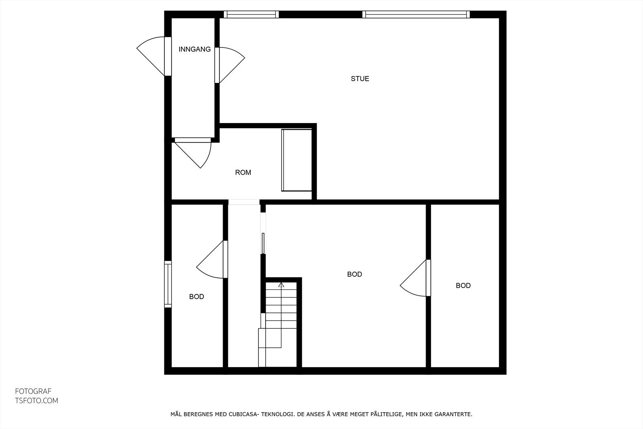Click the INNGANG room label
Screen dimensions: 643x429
tap(195, 49)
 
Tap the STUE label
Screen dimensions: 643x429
tap(360, 79)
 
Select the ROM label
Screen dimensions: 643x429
tap(243, 172)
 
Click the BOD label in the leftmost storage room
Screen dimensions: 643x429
tap(197, 297)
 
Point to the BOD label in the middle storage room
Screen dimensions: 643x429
tap(354, 274)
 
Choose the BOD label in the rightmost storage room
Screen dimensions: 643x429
tap(463, 285)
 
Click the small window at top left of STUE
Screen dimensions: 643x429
tap(251, 14)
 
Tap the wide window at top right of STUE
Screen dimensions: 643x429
tap(416, 14)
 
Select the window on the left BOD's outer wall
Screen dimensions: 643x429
tap(168, 284)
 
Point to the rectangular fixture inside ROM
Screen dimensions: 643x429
tap(297, 160)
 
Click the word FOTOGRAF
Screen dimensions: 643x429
tap(33, 391)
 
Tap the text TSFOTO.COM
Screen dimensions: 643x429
tap(37, 401)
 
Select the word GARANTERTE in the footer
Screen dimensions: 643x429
tap(453, 415)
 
